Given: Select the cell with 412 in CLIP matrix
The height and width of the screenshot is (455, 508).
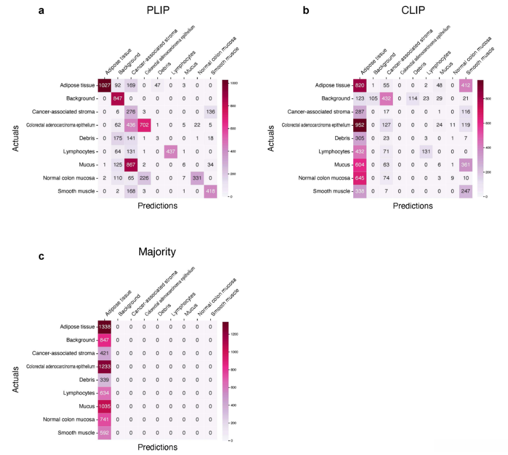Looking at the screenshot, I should coord(465,86).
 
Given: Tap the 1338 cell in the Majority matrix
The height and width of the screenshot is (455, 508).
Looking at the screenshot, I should coord(104,327).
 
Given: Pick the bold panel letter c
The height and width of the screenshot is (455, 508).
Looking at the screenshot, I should coord(41,256).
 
